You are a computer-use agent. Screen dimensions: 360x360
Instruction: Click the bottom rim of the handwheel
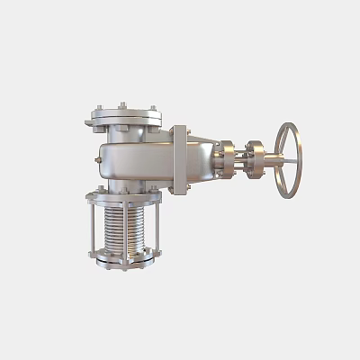pos(287,196)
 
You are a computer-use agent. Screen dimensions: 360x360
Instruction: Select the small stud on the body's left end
pos(96,159)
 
